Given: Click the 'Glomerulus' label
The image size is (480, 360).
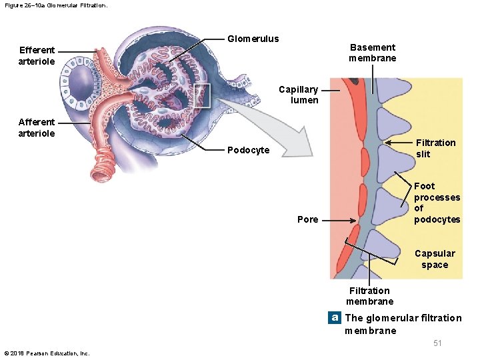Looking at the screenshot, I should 253,39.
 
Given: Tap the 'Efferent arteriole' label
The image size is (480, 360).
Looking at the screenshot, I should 37,55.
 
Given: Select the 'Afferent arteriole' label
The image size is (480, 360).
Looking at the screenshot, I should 37,127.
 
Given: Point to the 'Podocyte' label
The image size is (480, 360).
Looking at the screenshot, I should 248,150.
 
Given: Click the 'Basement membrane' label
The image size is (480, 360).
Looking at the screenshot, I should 372,53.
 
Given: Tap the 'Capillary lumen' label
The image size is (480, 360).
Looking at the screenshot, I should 298,95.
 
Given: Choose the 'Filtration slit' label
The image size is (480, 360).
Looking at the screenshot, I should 435,148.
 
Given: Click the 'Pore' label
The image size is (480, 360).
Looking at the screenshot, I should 307,219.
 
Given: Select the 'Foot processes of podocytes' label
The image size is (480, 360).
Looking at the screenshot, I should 437,203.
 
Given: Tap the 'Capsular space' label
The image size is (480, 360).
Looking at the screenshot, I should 435,259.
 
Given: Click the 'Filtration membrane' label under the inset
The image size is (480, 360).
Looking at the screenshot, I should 369,295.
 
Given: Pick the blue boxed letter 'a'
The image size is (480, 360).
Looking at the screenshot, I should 335,318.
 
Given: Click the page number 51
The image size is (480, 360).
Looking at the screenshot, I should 437,343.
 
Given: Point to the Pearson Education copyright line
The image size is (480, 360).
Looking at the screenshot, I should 47,353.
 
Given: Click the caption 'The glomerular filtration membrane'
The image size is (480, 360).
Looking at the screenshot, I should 403,324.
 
